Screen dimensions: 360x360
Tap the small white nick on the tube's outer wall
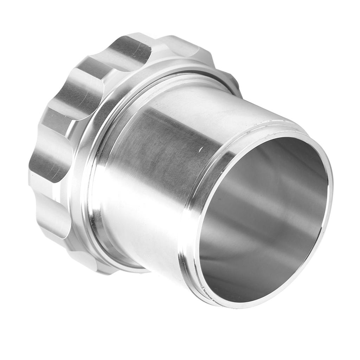[200, 150]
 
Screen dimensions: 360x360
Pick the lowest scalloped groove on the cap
[53, 214]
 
